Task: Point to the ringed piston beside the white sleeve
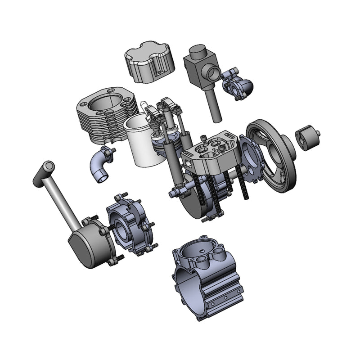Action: (163, 146)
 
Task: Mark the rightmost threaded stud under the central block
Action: (245, 184)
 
